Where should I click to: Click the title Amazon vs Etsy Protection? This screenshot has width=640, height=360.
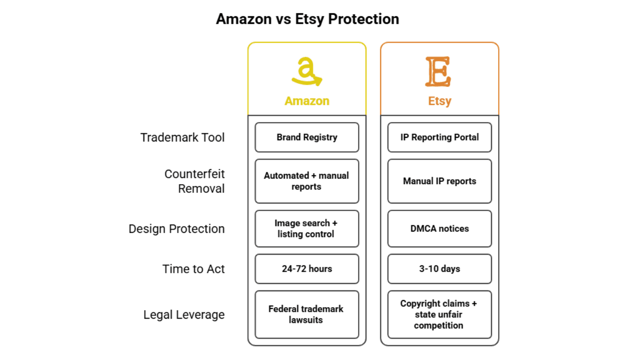coord(307,19)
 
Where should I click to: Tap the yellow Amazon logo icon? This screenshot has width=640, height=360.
coord(307,71)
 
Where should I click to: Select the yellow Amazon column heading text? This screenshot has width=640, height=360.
coord(307,101)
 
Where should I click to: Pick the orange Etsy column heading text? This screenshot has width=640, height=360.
coord(439,101)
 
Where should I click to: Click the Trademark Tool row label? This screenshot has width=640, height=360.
coord(182,137)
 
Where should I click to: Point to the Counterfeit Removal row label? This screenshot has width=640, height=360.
coord(194,181)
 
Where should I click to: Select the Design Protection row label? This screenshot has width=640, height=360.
coord(176,229)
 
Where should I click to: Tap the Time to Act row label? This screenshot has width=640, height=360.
coord(193,269)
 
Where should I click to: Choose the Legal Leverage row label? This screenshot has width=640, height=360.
coord(184,315)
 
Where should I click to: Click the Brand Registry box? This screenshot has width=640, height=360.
coord(307,137)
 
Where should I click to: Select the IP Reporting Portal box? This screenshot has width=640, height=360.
coord(439,137)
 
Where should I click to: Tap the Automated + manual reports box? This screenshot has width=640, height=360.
coord(307,181)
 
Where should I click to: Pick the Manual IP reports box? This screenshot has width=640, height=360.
coord(439,181)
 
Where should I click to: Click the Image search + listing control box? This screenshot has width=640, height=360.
coord(307,229)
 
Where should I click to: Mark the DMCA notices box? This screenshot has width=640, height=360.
coord(439,229)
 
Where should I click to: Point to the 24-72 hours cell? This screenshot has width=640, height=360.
coord(307,269)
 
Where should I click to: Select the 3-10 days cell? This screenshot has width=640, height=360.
coord(439,269)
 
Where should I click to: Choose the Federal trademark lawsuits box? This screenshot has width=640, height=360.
coord(307,315)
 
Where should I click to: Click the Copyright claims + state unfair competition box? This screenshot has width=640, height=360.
coord(439,315)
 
